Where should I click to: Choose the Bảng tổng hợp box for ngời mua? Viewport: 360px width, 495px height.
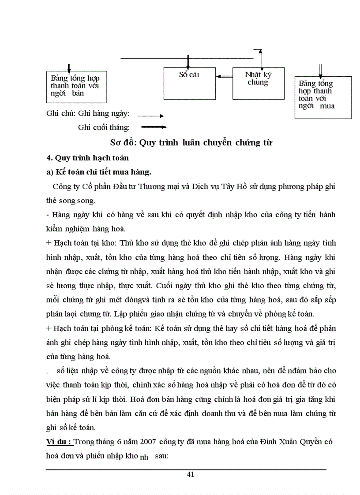click(x=323, y=97)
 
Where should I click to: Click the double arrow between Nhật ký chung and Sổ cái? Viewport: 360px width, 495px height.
click(x=225, y=77)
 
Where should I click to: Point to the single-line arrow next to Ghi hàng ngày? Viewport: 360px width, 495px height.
click(x=150, y=116)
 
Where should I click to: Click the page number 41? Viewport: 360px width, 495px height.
click(x=191, y=474)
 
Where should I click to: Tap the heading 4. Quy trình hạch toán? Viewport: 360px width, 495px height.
click(x=87, y=157)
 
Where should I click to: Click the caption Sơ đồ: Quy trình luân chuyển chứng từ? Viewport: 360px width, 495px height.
click(x=191, y=143)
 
